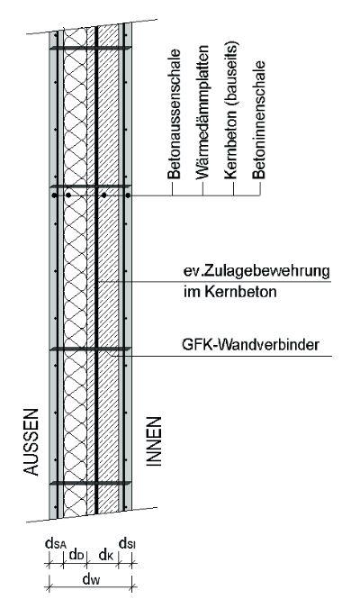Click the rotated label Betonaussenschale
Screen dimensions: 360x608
175,113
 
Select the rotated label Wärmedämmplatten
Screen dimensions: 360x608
202,113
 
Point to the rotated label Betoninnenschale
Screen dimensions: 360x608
259,119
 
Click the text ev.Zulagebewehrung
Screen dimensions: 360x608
256,271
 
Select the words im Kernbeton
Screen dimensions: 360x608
230,292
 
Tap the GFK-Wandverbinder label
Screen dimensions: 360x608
250,344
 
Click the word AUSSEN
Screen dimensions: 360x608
31,441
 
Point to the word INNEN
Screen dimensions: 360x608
154,441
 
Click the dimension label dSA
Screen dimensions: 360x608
56,543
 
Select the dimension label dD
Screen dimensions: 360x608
76,555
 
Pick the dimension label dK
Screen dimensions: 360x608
105,555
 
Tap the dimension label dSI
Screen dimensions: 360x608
127,543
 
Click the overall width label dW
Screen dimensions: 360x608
92,579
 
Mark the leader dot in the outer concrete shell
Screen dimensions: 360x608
54,195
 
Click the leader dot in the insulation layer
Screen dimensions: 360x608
68,195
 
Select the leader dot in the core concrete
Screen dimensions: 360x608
103,195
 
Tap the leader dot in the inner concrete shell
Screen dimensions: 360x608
128,195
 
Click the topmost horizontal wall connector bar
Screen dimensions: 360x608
90,48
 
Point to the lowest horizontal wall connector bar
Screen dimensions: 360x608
90,483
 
